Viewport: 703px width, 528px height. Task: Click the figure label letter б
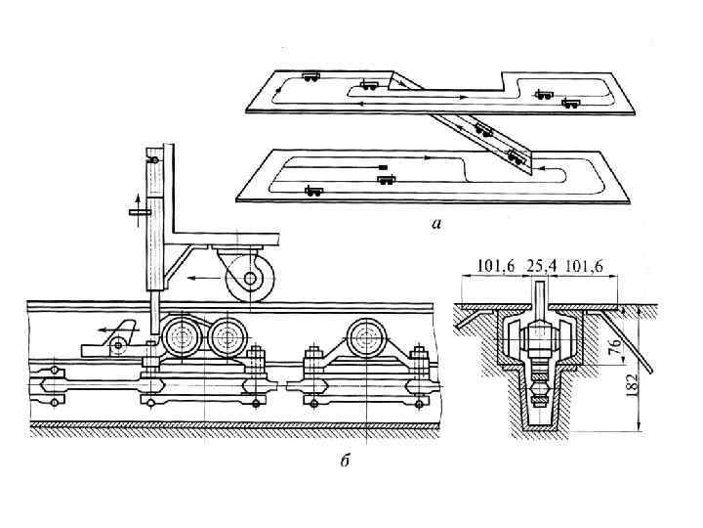point(345,461)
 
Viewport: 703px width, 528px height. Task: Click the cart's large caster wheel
point(250,279)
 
